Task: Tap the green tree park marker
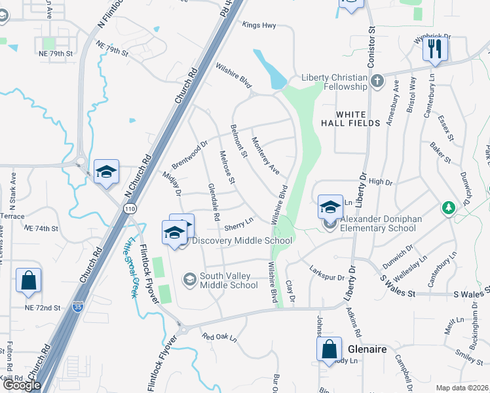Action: point(449,208)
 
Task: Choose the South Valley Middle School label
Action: point(229,280)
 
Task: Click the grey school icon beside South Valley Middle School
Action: point(190,280)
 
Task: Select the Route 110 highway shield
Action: point(130,208)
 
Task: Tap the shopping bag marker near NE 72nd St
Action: point(28,281)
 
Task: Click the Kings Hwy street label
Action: point(259,26)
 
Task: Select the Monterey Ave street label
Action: point(265,157)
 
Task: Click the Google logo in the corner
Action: point(22,385)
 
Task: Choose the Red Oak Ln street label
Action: point(219,337)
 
